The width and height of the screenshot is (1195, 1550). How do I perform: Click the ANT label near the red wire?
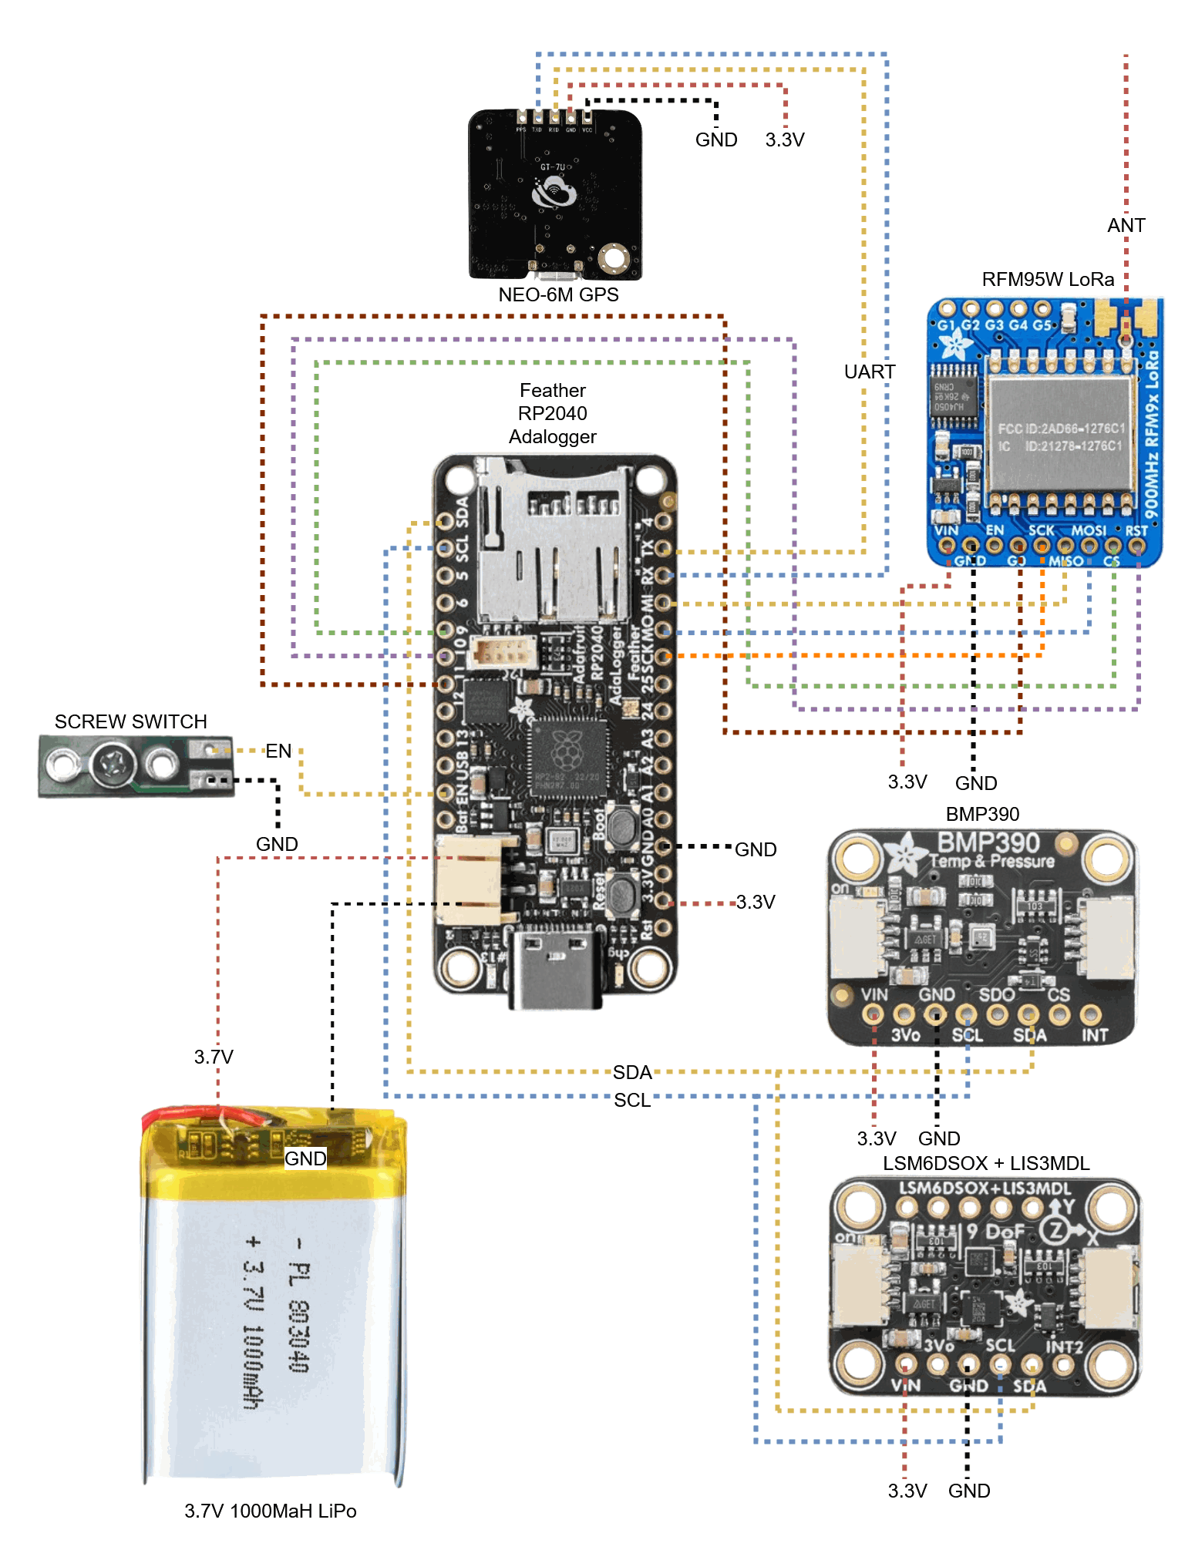[x=1126, y=225]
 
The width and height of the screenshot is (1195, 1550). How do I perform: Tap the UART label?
[x=870, y=372]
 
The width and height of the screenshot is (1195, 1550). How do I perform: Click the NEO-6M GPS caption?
[x=558, y=294]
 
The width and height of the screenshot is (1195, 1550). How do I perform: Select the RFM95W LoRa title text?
[x=1048, y=279]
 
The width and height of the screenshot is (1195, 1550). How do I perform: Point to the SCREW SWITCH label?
[x=130, y=721]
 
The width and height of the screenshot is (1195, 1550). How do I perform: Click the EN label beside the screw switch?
[x=278, y=751]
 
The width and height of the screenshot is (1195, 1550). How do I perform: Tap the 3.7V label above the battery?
[x=214, y=1057]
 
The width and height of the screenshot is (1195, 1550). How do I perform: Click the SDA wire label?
[x=632, y=1072]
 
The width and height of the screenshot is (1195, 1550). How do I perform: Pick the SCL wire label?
[x=632, y=1100]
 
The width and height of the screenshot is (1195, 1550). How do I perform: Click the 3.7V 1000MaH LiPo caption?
[x=270, y=1511]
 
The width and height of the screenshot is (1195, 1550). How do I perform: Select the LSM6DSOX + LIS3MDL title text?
[x=986, y=1163]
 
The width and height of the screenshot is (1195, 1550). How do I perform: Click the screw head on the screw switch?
[x=113, y=765]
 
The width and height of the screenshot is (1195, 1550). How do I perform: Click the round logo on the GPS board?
[x=554, y=192]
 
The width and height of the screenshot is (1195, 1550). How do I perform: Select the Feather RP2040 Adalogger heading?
[x=553, y=413]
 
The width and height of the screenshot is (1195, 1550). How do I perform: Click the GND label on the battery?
[x=305, y=1158]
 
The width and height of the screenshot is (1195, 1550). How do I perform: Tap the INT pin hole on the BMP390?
[x=1090, y=1015]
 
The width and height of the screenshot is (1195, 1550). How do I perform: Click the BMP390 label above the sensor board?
[x=982, y=814]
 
